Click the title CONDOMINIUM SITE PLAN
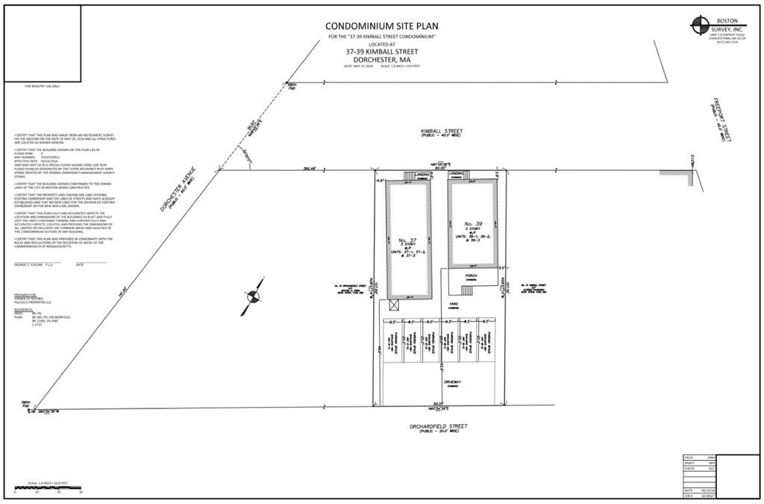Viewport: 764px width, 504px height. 381,25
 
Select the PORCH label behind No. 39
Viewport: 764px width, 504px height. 472,275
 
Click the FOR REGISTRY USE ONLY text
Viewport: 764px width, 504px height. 42,87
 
